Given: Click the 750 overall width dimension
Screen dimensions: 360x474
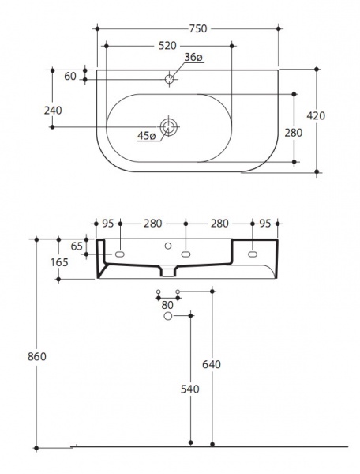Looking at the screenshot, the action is (198, 28).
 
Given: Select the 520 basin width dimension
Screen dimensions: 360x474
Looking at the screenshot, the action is (167, 46).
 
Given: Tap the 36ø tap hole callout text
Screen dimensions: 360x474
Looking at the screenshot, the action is (193, 57).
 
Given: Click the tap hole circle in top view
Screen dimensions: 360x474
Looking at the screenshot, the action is (169, 79).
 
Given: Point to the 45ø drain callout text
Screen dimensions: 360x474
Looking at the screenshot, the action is (147, 136).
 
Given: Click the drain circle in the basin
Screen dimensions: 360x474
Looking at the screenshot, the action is (169, 127).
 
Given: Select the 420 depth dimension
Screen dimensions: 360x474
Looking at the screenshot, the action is (316, 115).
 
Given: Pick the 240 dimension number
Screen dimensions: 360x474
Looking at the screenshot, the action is (53, 111).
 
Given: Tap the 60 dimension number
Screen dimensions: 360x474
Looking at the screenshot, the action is (70, 77).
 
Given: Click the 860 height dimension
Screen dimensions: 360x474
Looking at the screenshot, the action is (37, 357).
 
